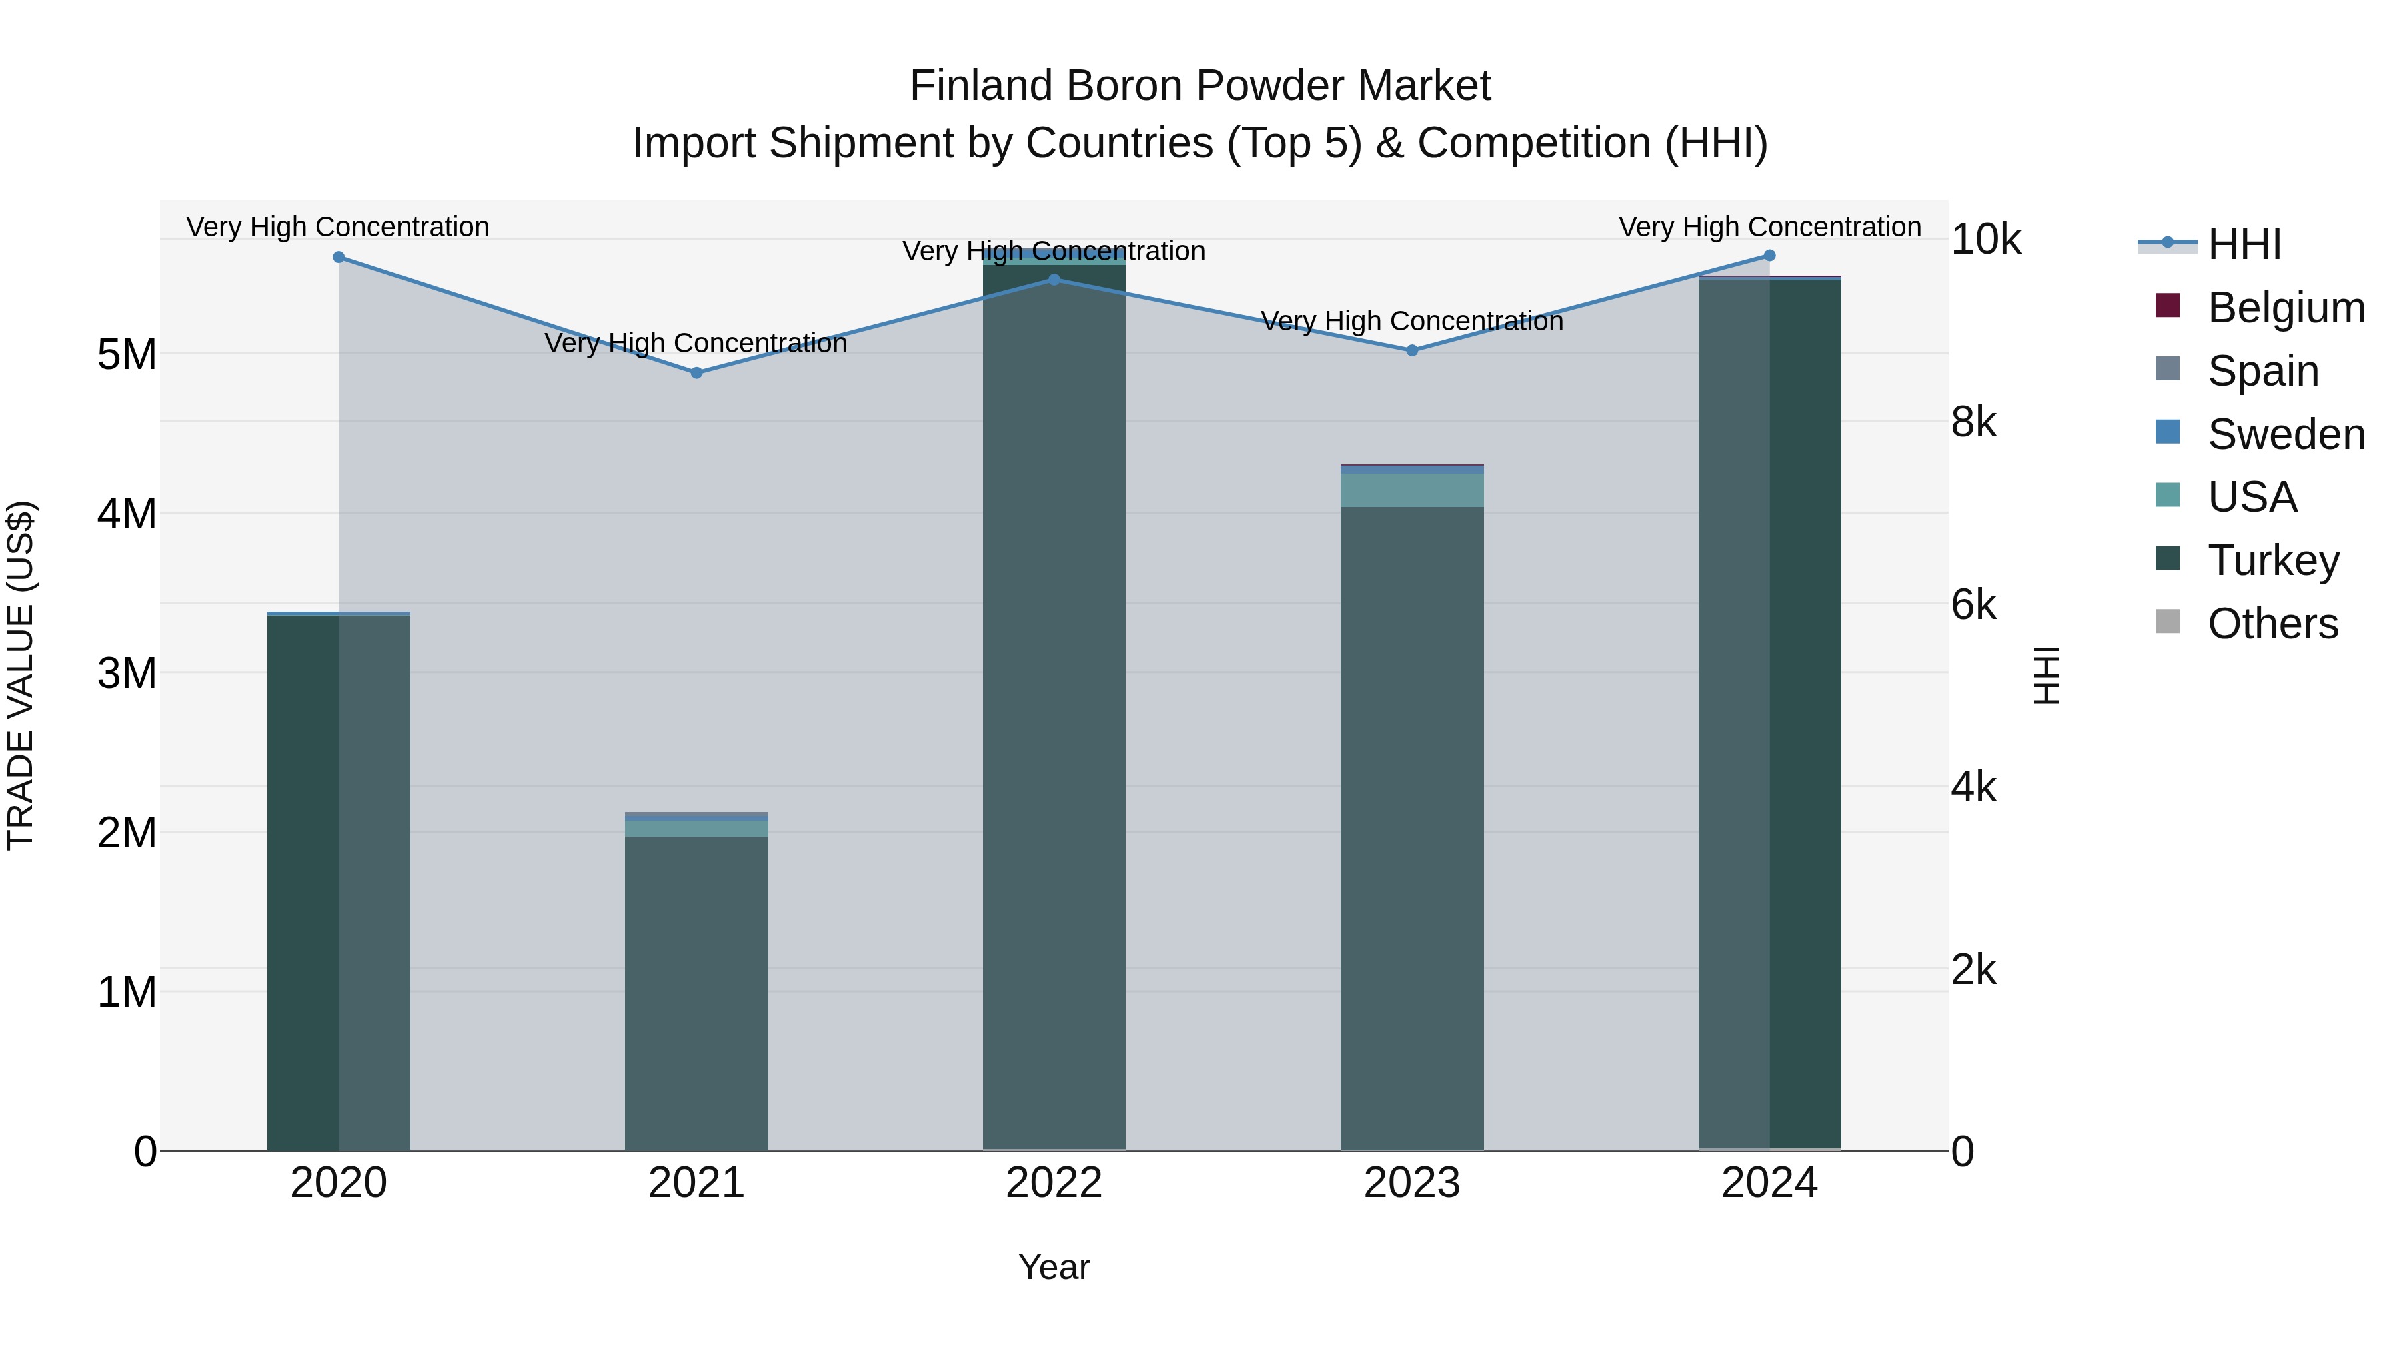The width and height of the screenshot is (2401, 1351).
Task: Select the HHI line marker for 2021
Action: click(696, 373)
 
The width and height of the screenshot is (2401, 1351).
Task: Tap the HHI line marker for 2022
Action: click(1054, 279)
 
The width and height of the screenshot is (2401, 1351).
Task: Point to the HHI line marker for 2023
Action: click(1412, 350)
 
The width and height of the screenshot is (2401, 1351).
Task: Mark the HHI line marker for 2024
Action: click(1770, 256)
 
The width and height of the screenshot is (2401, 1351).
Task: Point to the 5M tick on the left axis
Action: click(127, 354)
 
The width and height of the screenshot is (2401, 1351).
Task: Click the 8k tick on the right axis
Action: click(1974, 422)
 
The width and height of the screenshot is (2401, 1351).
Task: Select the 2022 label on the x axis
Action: click(1054, 1183)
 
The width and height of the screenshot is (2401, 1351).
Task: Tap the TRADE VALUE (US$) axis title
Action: click(21, 675)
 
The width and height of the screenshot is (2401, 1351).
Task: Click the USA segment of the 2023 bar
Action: click(1412, 490)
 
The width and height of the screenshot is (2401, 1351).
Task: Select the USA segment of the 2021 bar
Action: click(696, 829)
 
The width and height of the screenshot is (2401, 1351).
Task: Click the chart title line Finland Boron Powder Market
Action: click(1200, 86)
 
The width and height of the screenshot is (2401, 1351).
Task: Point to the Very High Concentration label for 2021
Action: click(696, 343)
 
